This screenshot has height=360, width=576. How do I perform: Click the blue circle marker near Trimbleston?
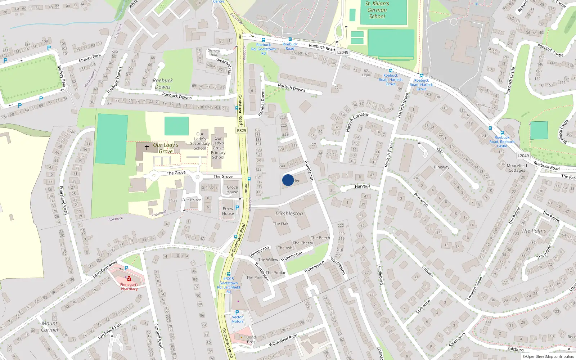[288, 180]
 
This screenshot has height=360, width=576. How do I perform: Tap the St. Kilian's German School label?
[377, 10]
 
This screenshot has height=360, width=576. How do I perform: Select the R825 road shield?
[242, 130]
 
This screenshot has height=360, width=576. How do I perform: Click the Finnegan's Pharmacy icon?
[129, 279]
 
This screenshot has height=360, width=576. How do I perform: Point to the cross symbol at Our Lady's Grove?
[147, 147]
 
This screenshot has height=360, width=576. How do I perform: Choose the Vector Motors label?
[237, 319]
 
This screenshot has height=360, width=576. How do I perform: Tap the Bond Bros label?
[251, 339]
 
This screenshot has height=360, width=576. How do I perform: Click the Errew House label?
[228, 211]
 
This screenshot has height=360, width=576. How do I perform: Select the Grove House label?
[232, 189]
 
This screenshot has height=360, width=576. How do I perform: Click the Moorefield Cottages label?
[517, 168]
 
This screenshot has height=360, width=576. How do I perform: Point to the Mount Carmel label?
[49, 326]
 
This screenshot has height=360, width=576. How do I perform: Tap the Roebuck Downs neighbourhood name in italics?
[163, 84]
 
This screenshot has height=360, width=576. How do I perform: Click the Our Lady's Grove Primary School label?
[218, 148]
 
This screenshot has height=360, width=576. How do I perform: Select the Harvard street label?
[362, 186]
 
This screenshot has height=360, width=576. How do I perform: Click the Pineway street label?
[441, 167]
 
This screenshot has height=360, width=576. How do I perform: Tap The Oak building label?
[280, 224]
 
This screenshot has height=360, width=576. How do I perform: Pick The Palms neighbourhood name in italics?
[534, 231]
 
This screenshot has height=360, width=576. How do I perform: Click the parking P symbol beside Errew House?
[237, 208]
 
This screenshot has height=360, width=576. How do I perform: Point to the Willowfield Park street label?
[283, 341]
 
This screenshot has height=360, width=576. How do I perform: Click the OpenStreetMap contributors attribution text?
[550, 356]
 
